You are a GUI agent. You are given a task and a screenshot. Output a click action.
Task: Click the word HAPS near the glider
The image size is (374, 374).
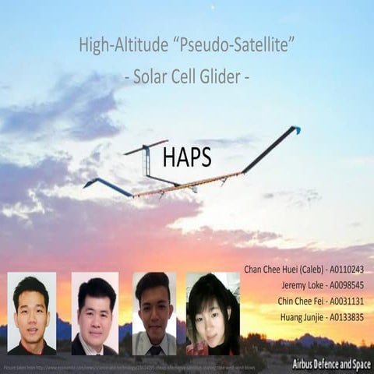click(188, 157)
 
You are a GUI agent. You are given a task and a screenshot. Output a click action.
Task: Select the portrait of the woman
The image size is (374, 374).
click(212, 313)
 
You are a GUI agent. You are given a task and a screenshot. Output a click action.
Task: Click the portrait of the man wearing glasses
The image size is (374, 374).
click(95, 313)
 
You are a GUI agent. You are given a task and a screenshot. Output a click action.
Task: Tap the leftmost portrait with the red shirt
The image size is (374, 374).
click(32, 313)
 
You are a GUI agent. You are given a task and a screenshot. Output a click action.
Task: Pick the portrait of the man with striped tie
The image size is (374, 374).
click(153, 313)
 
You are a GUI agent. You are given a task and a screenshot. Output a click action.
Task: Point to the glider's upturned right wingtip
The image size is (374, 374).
click(295, 129)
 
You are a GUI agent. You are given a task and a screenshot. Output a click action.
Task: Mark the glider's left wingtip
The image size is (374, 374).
click(88, 184)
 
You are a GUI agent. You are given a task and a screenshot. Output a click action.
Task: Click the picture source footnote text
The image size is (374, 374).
click(117, 365)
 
